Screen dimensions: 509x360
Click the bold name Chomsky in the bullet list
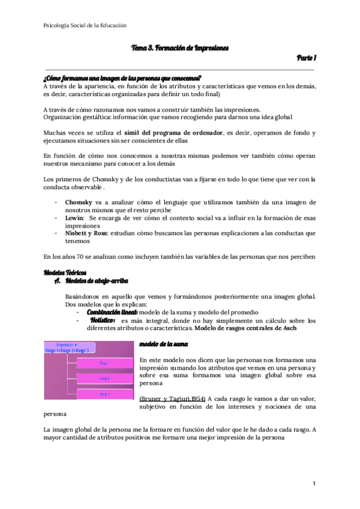[x=80, y=203]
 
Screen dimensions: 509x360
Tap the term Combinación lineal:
[x=112, y=312]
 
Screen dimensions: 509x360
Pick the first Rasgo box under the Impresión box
[x=104, y=363]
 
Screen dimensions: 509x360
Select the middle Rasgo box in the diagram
[x=104, y=378]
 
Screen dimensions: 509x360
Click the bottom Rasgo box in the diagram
[x=104, y=394]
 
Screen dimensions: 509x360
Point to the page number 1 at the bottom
[x=314, y=484]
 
